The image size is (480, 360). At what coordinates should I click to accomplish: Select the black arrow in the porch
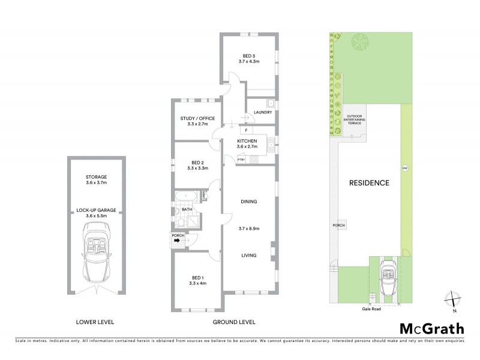[178, 242]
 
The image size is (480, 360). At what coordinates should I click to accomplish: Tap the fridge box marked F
[245, 130]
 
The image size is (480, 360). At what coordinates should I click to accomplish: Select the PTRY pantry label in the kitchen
[241, 159]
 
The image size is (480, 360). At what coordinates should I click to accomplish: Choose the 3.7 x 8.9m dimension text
[248, 228]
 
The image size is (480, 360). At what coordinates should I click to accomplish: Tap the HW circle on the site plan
[404, 167]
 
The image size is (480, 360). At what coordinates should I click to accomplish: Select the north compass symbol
[453, 299]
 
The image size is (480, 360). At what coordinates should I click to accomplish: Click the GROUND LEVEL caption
[234, 322]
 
